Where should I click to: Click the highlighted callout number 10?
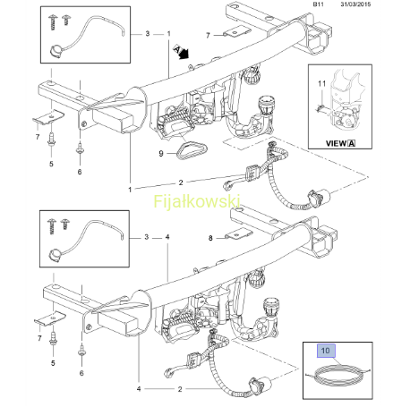326,351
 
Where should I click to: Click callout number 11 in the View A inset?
321,83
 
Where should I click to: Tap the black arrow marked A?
182,52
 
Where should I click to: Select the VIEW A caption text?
340,143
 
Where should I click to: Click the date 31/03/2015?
355,4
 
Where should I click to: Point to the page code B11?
318,4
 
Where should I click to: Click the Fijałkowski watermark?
197,201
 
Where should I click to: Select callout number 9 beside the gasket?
161,154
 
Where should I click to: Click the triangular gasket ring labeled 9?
191,150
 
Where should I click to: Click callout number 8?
210,238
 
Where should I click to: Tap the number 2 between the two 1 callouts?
181,182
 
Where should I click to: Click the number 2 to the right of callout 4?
180,389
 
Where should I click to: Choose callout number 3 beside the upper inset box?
148,33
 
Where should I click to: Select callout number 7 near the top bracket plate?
208,36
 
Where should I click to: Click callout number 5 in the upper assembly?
51,164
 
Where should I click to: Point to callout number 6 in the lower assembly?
81,373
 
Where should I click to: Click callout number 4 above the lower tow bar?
167,237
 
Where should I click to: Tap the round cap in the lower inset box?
55,255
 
